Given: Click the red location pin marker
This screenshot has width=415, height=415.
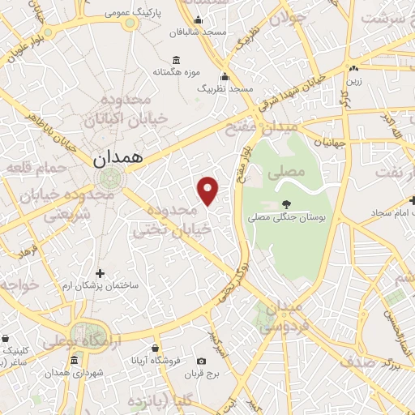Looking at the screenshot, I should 208,190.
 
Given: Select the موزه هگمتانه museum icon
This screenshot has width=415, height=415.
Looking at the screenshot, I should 177,59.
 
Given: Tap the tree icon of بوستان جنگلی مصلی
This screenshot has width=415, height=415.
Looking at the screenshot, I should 285,204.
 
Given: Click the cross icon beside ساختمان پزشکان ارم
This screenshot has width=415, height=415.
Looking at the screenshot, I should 101,273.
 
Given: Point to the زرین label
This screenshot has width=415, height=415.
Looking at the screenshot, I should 353,82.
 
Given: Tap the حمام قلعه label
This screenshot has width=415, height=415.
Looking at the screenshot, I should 31,168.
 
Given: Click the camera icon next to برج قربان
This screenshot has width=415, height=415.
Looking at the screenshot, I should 201,361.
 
